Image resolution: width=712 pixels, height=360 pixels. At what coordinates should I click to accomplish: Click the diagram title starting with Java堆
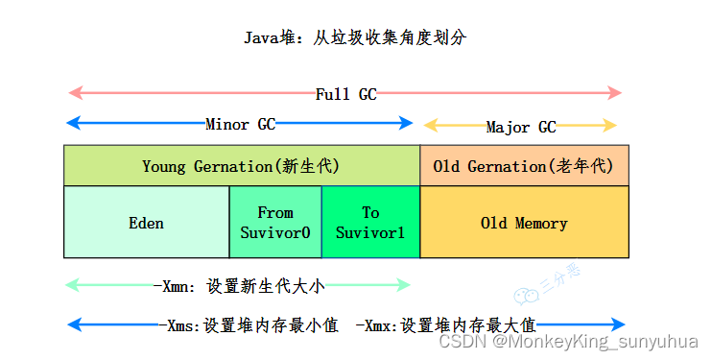tap(355, 38)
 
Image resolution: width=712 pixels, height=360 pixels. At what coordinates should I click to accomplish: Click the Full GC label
tap(345, 94)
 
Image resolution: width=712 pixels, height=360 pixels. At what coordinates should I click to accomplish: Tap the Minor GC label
tap(240, 124)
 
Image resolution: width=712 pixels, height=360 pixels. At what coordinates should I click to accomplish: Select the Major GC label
tap(520, 127)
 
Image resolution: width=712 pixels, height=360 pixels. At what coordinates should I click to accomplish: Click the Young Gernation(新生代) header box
tap(241, 166)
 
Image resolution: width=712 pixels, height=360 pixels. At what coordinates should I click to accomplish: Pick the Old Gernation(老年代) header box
tap(524, 166)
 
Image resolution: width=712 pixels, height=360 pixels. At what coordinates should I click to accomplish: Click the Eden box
tap(146, 223)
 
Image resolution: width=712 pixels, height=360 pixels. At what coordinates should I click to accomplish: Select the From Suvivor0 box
tap(275, 222)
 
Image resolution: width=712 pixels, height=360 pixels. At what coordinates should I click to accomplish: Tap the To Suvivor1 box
tap(370, 222)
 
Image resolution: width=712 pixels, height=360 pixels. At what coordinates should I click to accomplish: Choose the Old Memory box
tap(524, 223)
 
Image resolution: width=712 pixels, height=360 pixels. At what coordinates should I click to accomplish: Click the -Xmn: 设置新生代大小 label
tap(246, 285)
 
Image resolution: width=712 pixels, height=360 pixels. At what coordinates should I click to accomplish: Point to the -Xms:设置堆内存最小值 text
tap(249, 324)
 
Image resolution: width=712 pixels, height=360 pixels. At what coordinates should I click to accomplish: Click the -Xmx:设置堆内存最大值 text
tap(444, 324)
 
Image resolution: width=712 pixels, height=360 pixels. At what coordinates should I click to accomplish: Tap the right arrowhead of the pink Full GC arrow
tap(616, 93)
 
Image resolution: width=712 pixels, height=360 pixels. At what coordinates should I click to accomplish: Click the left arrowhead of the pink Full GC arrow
tap(73, 93)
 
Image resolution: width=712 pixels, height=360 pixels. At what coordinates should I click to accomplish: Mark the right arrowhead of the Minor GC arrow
tap(407, 123)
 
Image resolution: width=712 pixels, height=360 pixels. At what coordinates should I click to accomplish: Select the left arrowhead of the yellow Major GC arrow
tap(431, 125)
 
